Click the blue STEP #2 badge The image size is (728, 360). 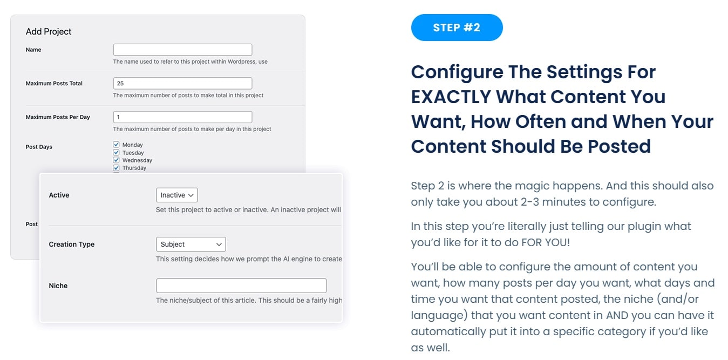click(x=457, y=28)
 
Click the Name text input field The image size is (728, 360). click(x=182, y=50)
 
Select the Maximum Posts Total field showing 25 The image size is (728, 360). click(x=182, y=83)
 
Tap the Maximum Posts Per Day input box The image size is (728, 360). click(x=182, y=117)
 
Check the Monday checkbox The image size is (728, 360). click(x=117, y=144)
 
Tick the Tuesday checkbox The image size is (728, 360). click(x=117, y=152)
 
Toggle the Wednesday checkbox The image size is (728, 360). click(x=117, y=160)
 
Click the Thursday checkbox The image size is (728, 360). click(x=117, y=168)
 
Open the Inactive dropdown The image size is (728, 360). click(x=177, y=195)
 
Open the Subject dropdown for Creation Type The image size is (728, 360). click(x=191, y=244)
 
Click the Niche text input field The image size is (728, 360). click(x=241, y=286)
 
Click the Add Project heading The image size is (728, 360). click(x=49, y=31)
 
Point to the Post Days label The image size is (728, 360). click(x=39, y=147)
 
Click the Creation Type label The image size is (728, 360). click(x=71, y=244)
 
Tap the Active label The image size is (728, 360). click(x=59, y=195)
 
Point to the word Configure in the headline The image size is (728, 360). click(x=457, y=73)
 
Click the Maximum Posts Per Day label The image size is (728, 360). click(x=58, y=117)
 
